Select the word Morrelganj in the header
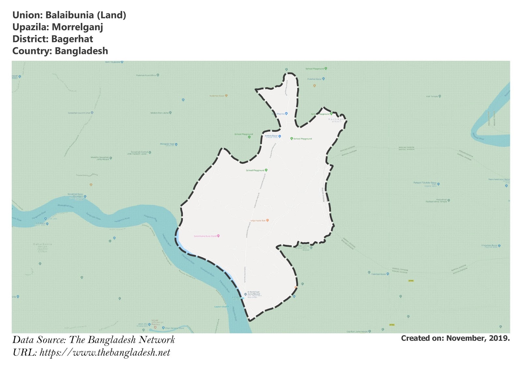click(77, 27)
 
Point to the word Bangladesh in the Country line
click(81, 51)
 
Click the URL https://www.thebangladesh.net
click(105, 353)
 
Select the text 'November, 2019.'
click(478, 338)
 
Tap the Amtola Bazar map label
click(271, 136)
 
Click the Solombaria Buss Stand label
click(205, 236)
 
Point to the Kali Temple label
click(432, 97)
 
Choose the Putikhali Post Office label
click(146, 75)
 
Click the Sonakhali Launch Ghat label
click(79, 113)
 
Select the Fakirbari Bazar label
click(378, 274)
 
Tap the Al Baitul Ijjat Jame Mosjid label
click(253, 293)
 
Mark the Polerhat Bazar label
click(315, 79)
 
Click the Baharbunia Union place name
click(42, 244)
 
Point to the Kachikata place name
click(336, 119)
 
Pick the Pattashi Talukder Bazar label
click(425, 183)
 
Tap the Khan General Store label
click(175, 328)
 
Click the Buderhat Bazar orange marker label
click(217, 96)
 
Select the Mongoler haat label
click(167, 144)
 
